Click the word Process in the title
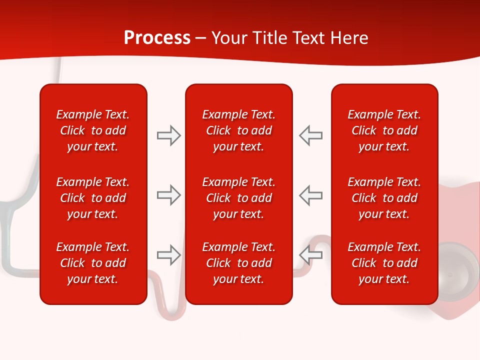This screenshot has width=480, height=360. (157, 38)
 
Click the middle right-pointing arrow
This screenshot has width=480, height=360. (169, 195)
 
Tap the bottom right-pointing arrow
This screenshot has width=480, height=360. (169, 255)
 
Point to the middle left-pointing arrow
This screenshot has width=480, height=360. (310, 195)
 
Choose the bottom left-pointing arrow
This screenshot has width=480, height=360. (310, 255)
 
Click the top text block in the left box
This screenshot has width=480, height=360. (92, 130)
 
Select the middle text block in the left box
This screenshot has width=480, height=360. (92, 198)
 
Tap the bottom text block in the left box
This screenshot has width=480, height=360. (92, 263)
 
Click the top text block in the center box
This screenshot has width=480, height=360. (238, 130)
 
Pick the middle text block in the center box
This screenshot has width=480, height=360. (238, 198)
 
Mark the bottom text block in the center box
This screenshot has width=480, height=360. (238, 263)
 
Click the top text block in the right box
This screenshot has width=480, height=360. (384, 130)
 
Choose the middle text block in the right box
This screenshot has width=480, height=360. (384, 198)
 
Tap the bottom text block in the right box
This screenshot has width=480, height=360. (384, 263)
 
